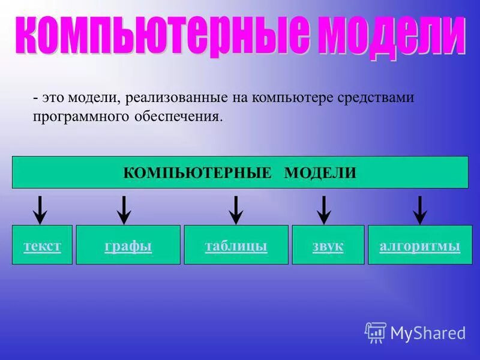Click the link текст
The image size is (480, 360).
(42, 246)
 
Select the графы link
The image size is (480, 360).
(128, 246)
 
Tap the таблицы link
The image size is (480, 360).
(236, 246)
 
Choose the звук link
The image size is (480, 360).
(328, 246)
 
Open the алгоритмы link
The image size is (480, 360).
(420, 246)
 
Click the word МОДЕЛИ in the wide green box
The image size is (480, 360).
(320, 173)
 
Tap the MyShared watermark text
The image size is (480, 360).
(428, 332)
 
